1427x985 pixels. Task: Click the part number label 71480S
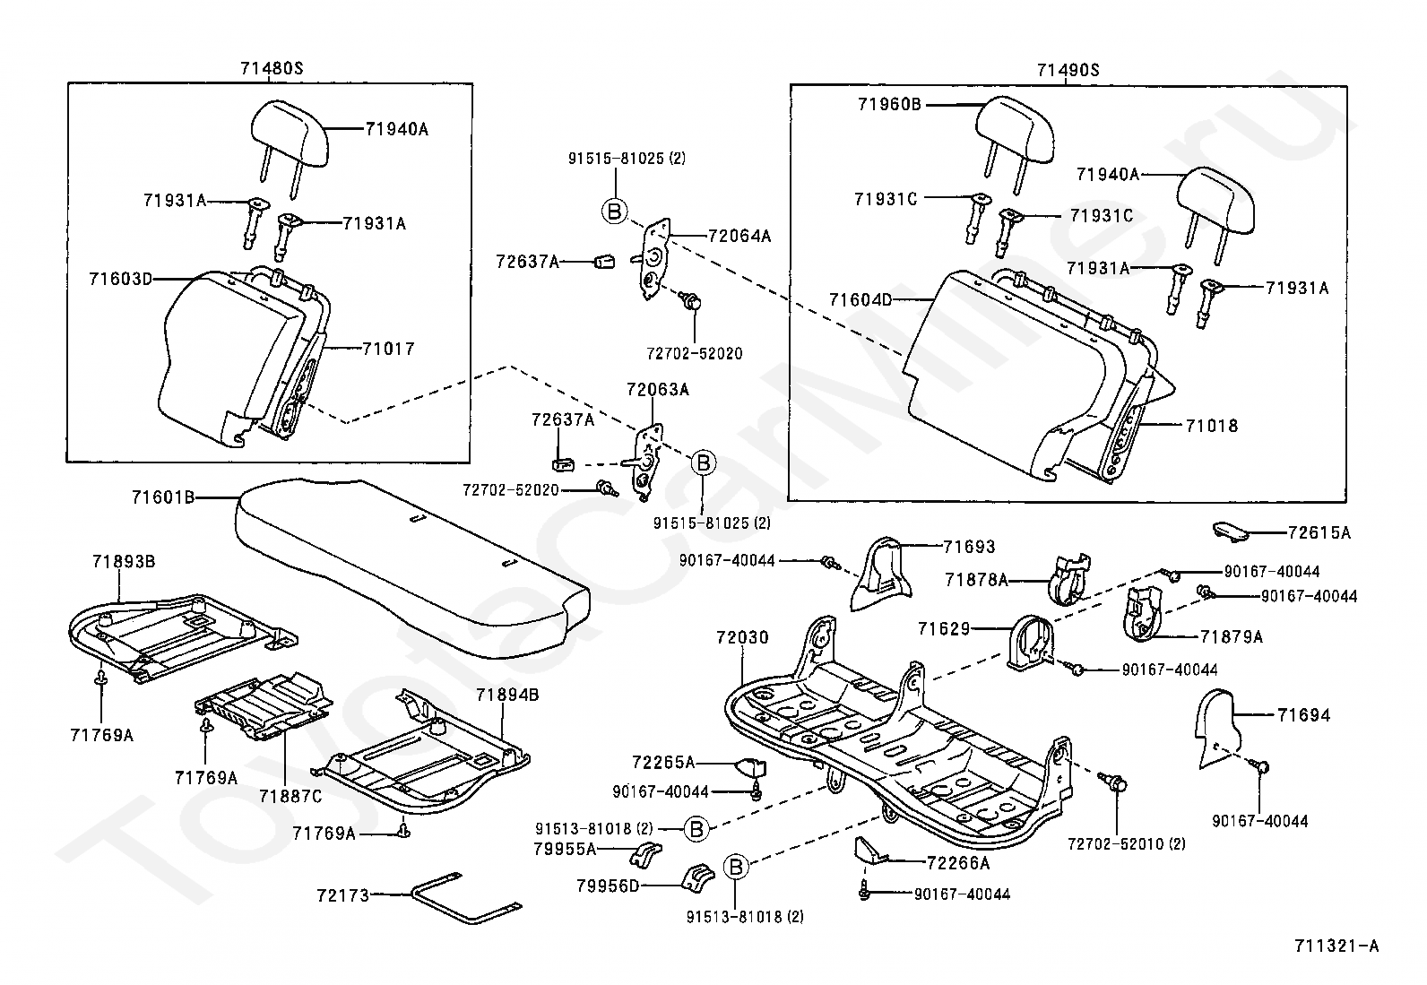(271, 69)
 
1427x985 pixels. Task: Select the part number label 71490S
(1068, 70)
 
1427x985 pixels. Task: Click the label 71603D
(120, 279)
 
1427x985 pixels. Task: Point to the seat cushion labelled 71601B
(408, 560)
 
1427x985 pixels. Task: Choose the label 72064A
(739, 237)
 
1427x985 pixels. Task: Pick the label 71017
(388, 349)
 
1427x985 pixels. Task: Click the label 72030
(742, 638)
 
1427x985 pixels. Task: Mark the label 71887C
(290, 796)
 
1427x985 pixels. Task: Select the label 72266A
(957, 863)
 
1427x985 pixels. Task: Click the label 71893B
(123, 562)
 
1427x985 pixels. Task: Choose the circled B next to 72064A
(614, 212)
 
